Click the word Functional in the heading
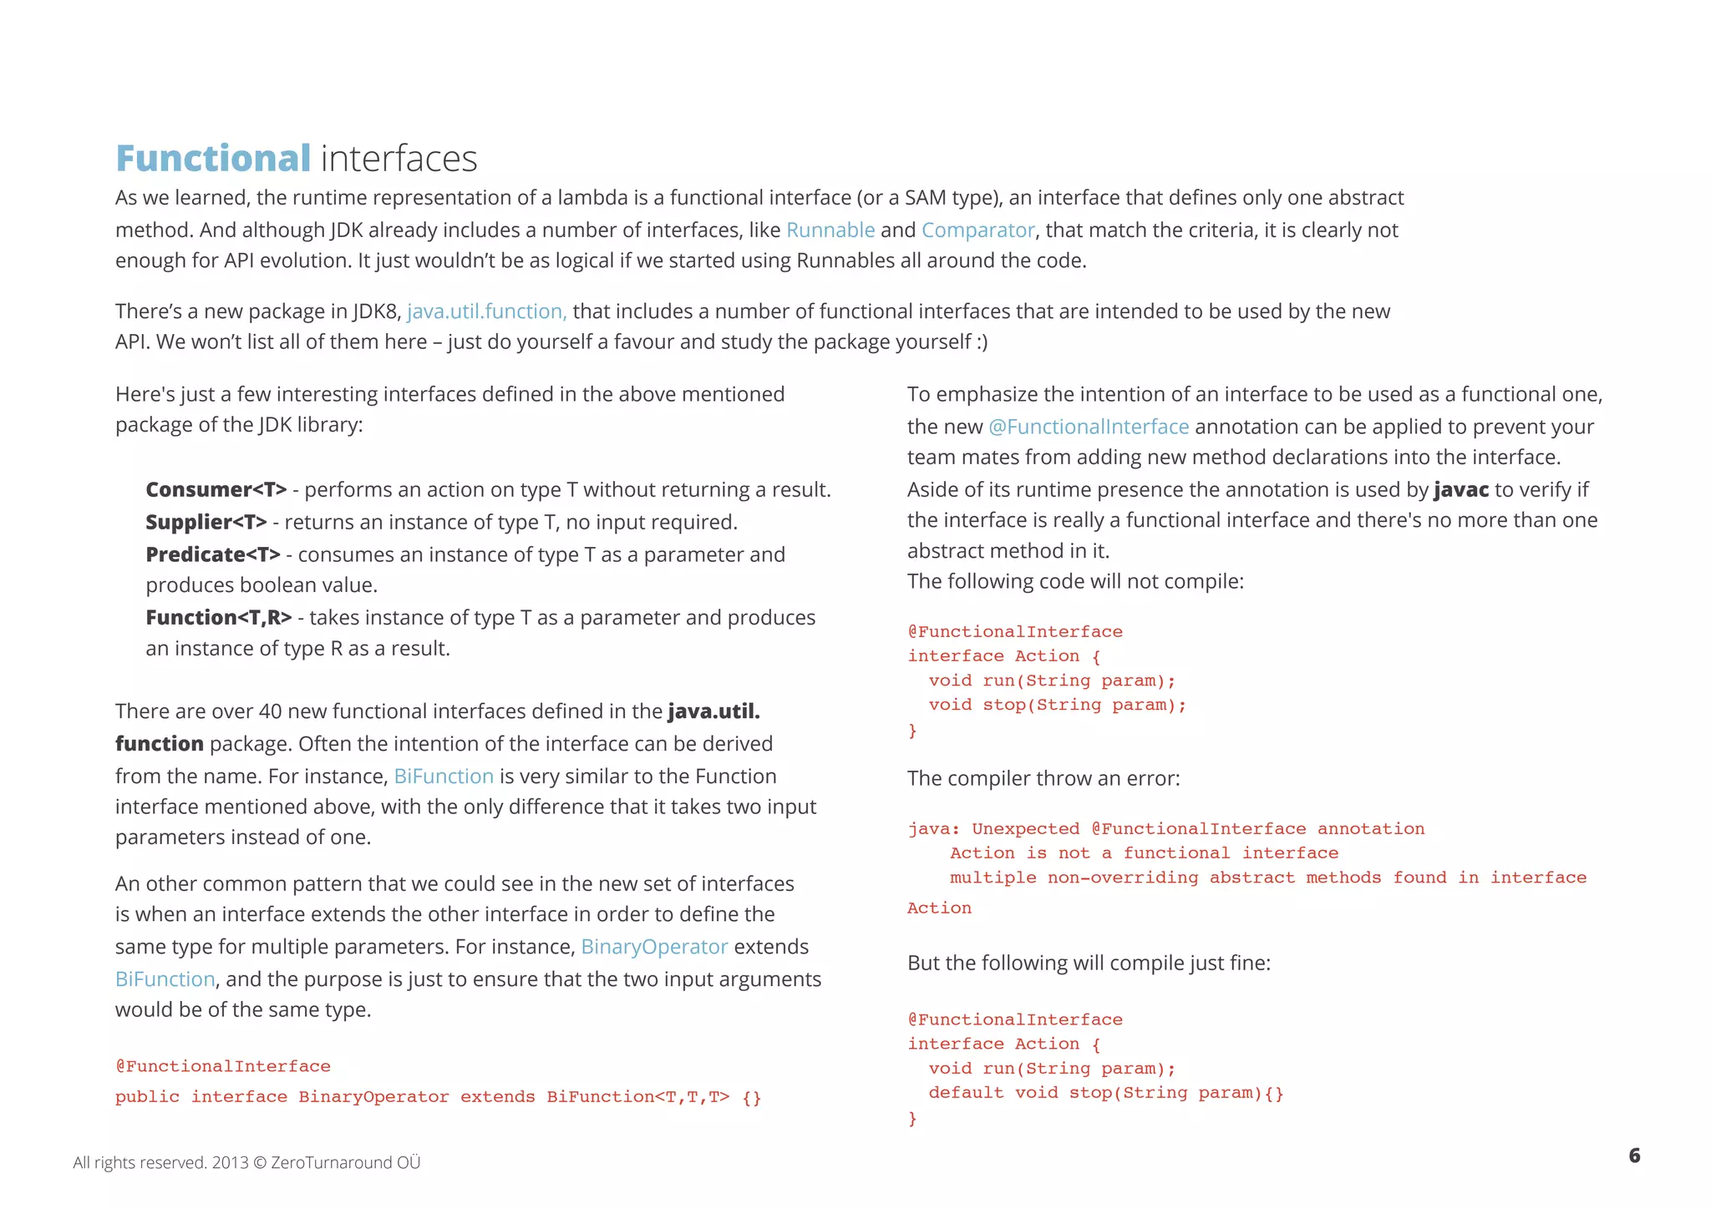(x=213, y=159)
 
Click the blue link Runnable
(x=830, y=230)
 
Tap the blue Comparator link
(x=977, y=230)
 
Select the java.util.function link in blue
(x=486, y=311)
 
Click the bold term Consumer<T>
(x=216, y=489)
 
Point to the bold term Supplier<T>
(x=206, y=522)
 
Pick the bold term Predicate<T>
(x=212, y=554)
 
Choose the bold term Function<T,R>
(x=218, y=617)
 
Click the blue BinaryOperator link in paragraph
(x=654, y=947)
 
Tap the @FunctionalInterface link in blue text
(x=1088, y=427)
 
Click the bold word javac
(x=1460, y=489)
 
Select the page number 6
(x=1634, y=1156)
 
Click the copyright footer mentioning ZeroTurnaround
(x=246, y=1162)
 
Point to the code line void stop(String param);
(x=1057, y=705)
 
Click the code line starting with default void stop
(x=1105, y=1093)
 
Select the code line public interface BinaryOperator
(x=438, y=1097)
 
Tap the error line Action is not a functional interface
(x=1144, y=853)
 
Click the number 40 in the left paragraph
(x=270, y=711)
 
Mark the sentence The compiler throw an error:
(x=1043, y=778)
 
